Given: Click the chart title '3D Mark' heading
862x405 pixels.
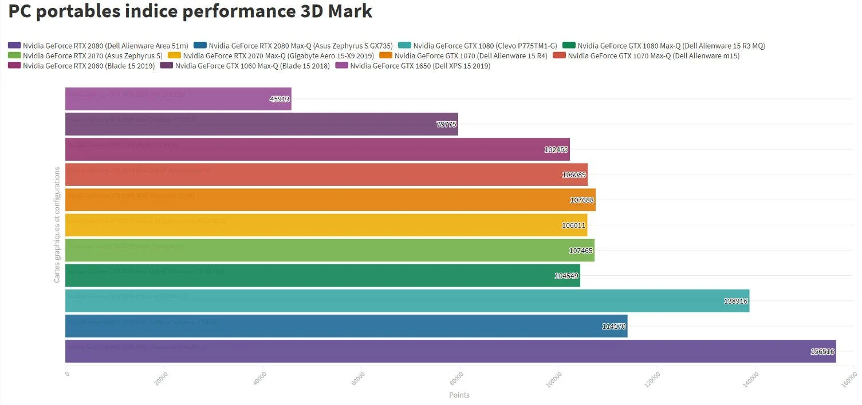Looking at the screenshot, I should pos(190,11).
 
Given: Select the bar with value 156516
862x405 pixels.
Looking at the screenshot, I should pos(450,351).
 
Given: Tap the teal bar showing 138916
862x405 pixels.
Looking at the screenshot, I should pos(407,301).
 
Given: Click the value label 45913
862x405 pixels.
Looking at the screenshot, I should pos(280,99).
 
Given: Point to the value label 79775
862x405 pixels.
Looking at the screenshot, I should pos(446,124).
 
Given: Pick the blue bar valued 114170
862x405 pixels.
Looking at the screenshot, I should pos(346,326).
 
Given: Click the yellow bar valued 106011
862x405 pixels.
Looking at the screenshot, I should pos(326,225).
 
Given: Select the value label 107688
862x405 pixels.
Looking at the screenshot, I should pos(582,200).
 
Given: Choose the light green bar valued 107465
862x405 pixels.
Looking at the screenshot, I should pos(329,250).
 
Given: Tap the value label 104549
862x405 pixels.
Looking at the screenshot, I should pos(567,276).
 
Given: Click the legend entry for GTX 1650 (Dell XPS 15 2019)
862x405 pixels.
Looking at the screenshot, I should pos(420,66).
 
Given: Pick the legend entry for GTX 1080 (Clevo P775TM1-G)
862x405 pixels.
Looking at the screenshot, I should pos(485,46).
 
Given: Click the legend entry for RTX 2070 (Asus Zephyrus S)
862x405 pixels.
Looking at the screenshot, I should pos(92,55).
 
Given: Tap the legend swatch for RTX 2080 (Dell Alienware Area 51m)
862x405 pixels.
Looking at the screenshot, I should pos(14,46).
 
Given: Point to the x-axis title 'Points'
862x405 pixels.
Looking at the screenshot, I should pos(459,395).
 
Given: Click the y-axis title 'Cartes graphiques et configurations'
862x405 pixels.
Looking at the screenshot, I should pos(57,225).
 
